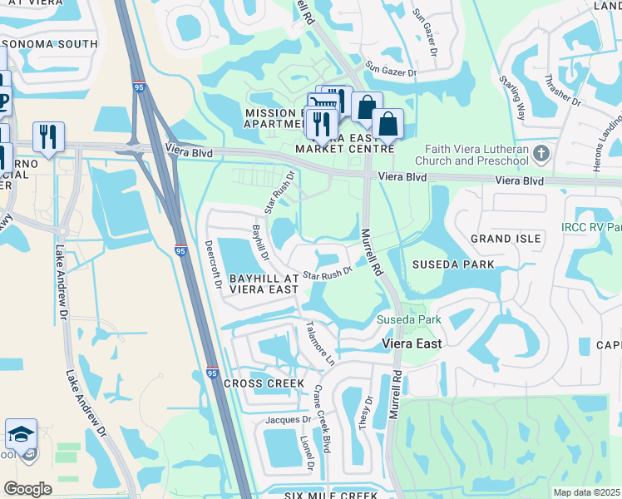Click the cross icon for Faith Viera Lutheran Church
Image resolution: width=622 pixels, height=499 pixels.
[x=542, y=153]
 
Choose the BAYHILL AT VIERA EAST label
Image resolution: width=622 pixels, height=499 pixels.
[x=252, y=283]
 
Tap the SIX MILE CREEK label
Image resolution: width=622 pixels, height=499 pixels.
[x=332, y=496]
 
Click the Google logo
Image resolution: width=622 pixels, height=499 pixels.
[x=27, y=488]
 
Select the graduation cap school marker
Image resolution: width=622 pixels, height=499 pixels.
[x=21, y=434]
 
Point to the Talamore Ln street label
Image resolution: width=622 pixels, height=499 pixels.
[x=320, y=343]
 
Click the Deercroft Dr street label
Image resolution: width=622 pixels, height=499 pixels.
[x=213, y=265]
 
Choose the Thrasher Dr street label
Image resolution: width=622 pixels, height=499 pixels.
[x=570, y=88]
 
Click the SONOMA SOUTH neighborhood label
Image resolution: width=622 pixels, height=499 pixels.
[x=55, y=44]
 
